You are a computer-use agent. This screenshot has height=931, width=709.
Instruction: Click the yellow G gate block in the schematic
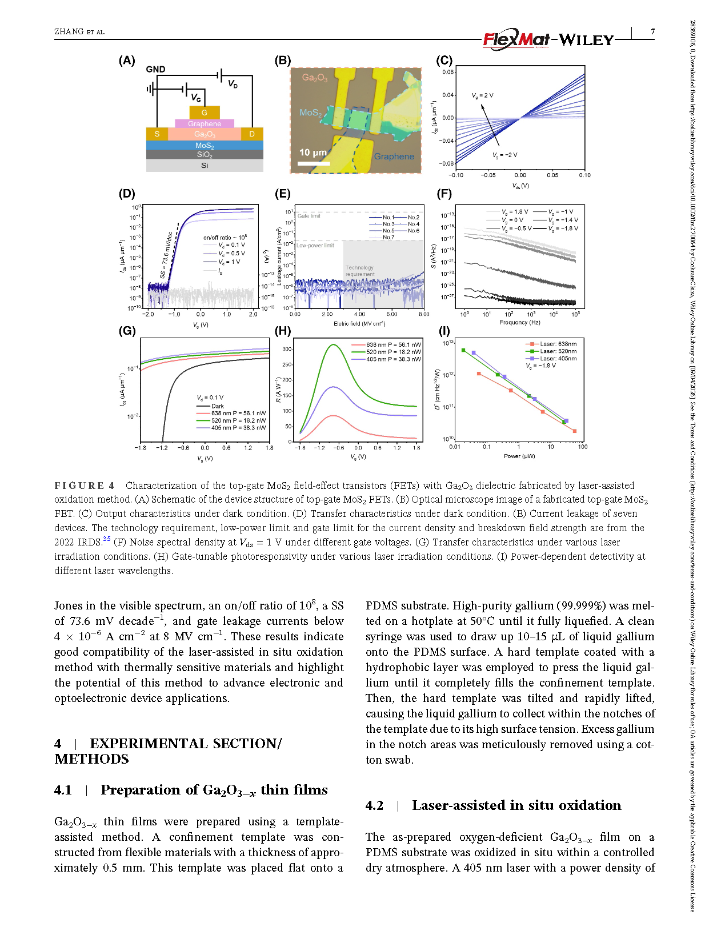[x=204, y=113]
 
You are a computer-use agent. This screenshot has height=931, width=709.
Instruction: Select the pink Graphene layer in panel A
[x=204, y=123]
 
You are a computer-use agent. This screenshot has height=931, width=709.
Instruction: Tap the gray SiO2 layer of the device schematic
[x=204, y=155]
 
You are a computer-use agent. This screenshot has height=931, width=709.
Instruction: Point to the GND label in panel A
[x=155, y=69]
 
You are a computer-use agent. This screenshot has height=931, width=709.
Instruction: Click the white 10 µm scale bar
[x=314, y=163]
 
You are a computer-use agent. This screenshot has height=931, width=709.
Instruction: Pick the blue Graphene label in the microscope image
[x=394, y=156]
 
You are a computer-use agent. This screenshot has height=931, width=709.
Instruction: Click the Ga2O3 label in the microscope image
[x=315, y=78]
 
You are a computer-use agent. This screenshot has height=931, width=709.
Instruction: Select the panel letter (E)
[x=283, y=194]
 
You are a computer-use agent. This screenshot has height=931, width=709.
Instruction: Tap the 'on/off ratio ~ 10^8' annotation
[x=225, y=237]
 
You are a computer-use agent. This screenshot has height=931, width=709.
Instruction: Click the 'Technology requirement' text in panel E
[x=360, y=271]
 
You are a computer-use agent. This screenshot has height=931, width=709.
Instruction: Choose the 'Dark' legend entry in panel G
[x=218, y=406]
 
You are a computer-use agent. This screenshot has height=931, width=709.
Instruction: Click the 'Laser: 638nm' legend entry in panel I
[x=558, y=344]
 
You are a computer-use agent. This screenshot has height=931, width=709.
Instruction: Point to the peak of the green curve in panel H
[x=333, y=344]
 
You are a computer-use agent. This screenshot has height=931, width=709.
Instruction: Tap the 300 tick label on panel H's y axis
[x=287, y=349]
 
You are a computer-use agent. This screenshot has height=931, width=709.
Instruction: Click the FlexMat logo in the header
[x=516, y=39]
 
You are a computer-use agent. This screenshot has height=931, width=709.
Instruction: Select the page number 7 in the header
[x=652, y=32]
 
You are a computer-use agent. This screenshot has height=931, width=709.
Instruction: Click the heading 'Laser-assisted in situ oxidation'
[x=516, y=805]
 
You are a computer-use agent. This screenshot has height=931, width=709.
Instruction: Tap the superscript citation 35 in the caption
[x=107, y=539]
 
